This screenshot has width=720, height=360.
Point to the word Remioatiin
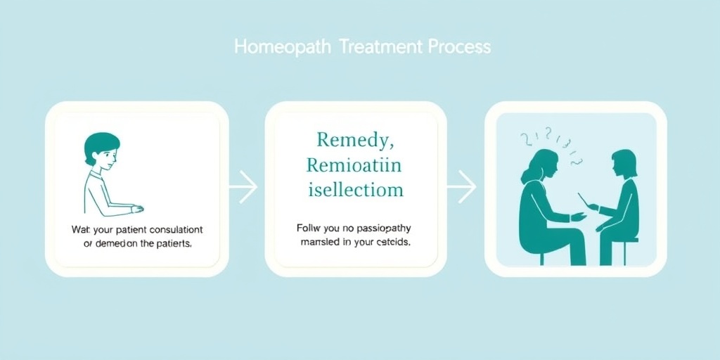coord(353,166)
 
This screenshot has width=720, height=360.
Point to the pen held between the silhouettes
coord(584,200)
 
